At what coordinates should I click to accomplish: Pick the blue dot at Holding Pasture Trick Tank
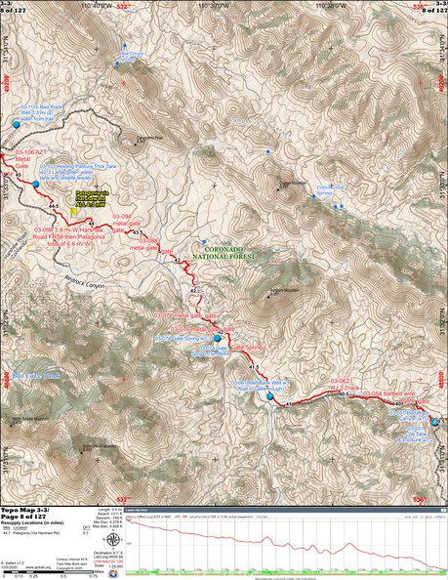point(36,184)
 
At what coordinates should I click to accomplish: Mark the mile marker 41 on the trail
point(289,402)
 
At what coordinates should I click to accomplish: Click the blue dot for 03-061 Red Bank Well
point(435,422)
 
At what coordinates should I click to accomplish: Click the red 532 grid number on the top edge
point(124,5)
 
